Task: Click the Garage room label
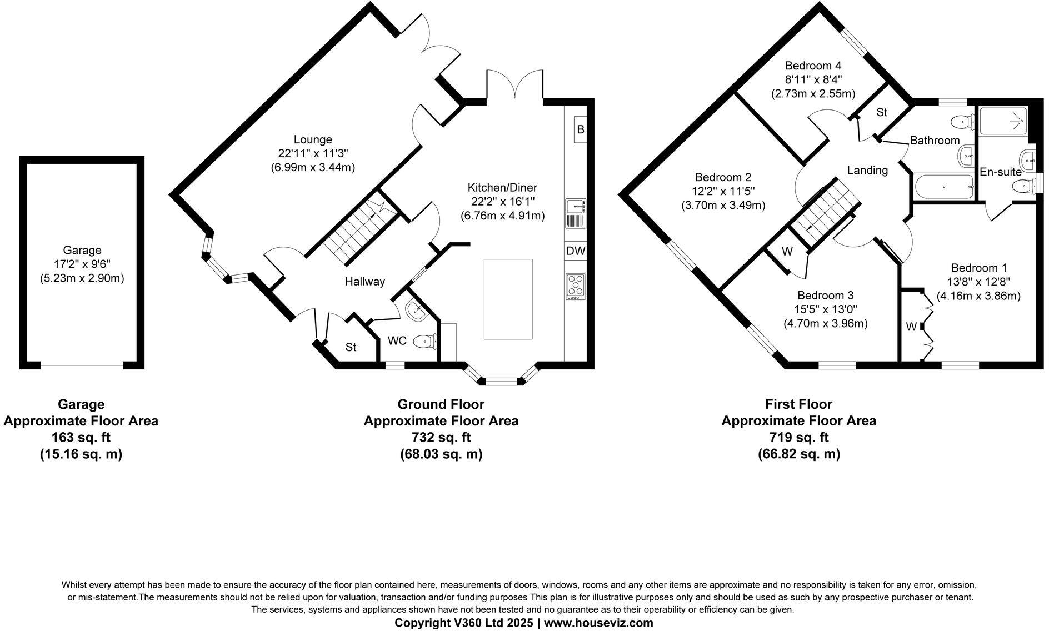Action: (82, 251)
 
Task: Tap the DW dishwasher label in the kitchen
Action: (576, 251)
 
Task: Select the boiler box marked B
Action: (580, 130)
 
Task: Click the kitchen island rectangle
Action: (508, 299)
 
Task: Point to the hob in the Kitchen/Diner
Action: (576, 287)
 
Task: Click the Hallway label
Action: (364, 282)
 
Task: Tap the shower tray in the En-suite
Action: (1003, 121)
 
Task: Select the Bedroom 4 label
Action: (812, 66)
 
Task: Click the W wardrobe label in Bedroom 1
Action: (911, 327)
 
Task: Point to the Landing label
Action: (867, 171)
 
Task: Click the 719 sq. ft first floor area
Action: (798, 437)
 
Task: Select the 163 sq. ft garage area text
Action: (81, 437)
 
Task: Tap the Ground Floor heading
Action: (441, 404)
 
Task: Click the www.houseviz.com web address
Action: (598, 623)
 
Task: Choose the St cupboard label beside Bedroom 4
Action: (881, 113)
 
